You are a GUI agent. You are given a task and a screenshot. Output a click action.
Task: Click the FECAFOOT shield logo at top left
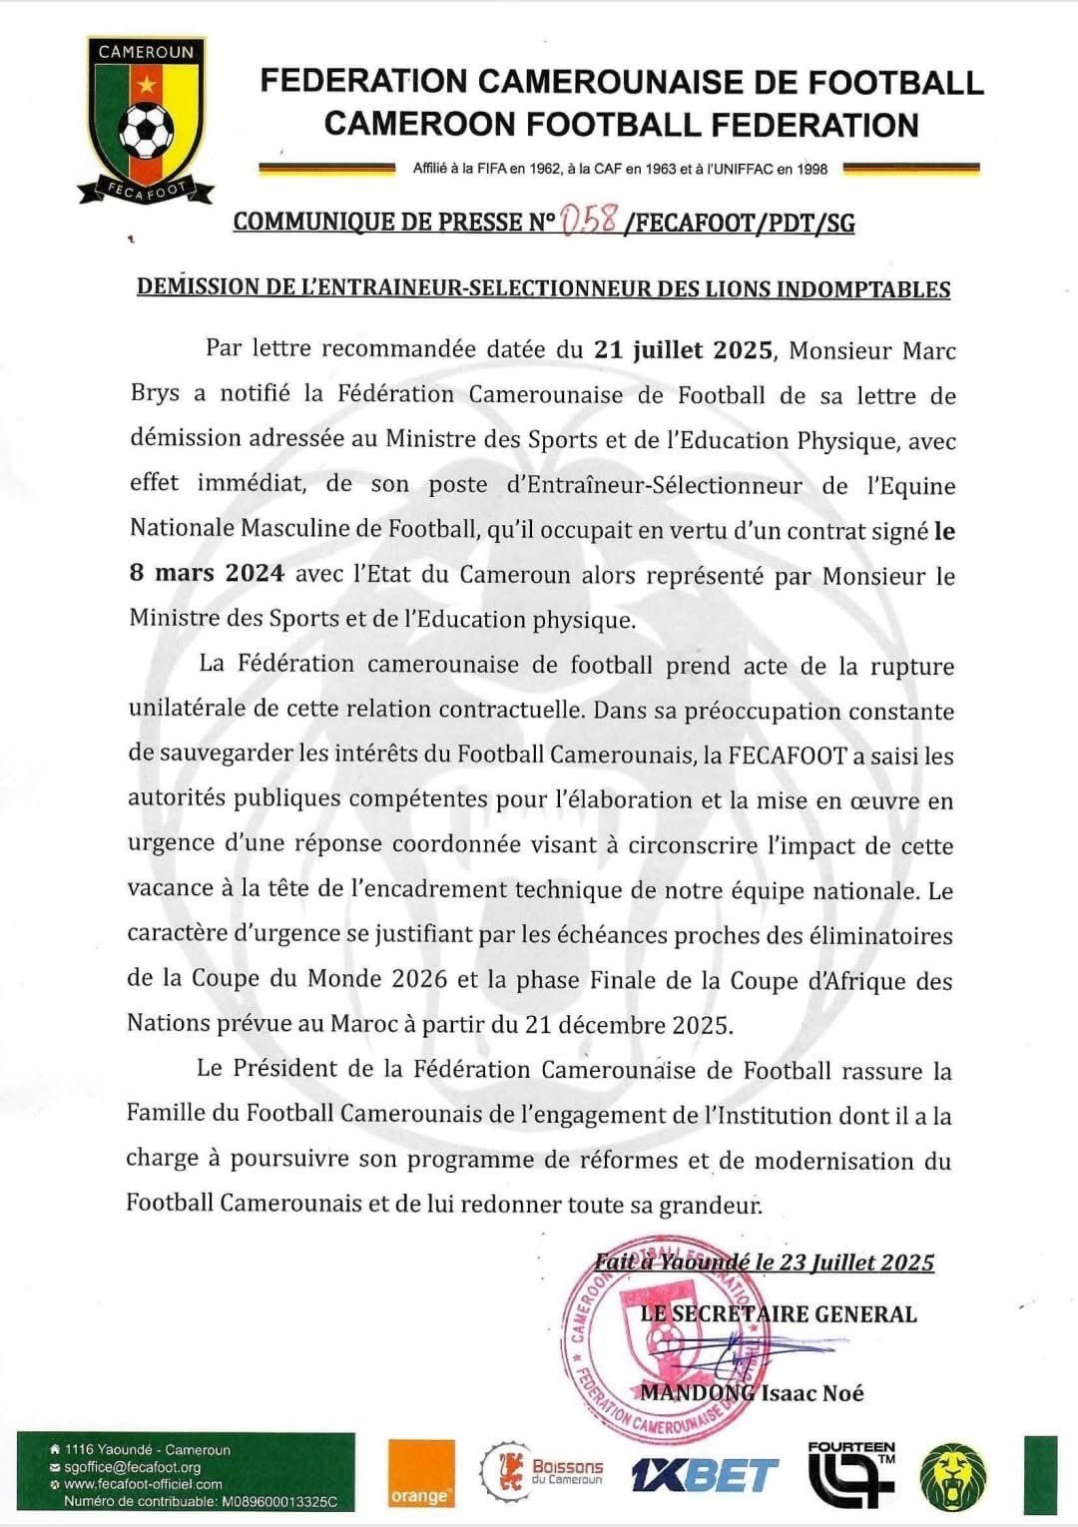tap(146, 120)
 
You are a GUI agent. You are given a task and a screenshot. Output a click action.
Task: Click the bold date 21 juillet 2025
tap(683, 350)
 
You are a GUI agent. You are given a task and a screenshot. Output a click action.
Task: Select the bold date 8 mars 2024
tap(207, 574)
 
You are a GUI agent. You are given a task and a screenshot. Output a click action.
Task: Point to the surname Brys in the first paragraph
tap(155, 394)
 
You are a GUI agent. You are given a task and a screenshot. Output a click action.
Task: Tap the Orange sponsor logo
tap(420, 1472)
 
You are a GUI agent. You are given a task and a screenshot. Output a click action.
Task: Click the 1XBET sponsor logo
tap(705, 1474)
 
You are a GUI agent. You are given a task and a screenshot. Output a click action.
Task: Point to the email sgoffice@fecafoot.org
tap(133, 1467)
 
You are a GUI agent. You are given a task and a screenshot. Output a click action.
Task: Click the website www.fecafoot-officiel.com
tap(143, 1484)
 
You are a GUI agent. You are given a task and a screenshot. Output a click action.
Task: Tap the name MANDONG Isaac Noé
tap(752, 1393)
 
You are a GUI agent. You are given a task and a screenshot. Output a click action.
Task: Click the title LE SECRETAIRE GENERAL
tap(778, 1313)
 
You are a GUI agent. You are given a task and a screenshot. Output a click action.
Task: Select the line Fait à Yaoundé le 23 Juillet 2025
tap(764, 1263)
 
